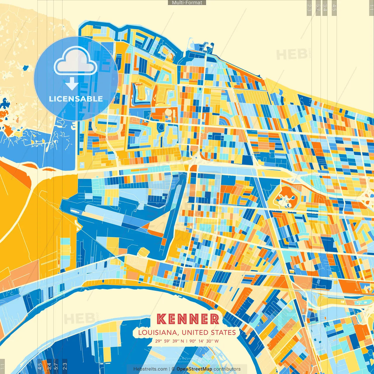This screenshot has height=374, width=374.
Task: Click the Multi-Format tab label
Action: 187,3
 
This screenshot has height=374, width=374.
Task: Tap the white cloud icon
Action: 75,62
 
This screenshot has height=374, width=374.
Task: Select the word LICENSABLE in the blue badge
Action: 76,99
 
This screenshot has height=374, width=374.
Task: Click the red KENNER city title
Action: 188,319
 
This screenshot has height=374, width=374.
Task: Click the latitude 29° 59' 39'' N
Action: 170,341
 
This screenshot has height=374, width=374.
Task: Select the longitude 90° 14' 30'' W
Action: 204,341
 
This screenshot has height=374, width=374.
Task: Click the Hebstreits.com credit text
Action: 150,369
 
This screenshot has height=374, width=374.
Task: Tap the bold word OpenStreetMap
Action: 194,369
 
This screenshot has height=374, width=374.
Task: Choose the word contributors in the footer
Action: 227,369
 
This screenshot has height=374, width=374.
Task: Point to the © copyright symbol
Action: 173,369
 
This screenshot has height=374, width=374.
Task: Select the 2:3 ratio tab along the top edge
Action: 309,8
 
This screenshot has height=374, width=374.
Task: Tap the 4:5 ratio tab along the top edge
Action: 334,8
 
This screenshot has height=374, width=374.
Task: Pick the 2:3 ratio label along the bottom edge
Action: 65,366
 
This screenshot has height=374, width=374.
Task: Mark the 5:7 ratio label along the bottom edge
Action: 56,366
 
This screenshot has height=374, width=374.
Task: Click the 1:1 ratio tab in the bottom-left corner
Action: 2,366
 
